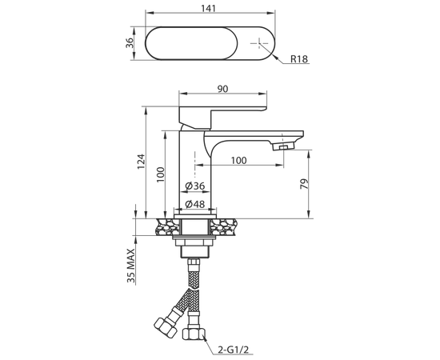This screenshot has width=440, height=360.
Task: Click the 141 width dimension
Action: (x=209, y=9)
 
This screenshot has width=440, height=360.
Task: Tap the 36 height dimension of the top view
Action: (x=129, y=43)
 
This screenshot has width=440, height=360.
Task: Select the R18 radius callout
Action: (x=299, y=59)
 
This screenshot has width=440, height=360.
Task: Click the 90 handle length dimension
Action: (x=223, y=89)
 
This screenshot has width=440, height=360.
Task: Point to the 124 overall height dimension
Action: (x=141, y=162)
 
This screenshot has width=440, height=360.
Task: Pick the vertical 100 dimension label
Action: (x=160, y=174)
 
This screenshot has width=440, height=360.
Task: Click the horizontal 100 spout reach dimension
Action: (x=239, y=161)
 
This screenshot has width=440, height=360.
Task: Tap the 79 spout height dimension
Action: (x=305, y=183)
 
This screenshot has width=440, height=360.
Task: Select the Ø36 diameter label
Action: (x=195, y=186)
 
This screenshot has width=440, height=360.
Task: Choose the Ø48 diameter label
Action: (x=195, y=204)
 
